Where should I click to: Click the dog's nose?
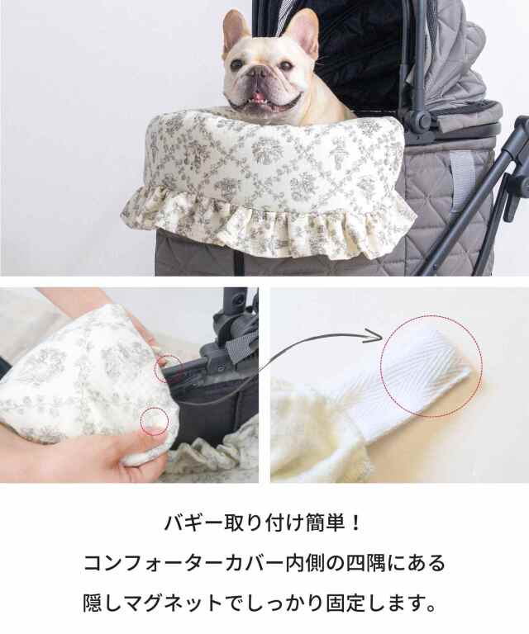coord(259,73)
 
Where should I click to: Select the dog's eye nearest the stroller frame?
coord(286,64)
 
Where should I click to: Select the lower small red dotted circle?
coord(155,421)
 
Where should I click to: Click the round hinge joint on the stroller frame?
coord(420,120)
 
